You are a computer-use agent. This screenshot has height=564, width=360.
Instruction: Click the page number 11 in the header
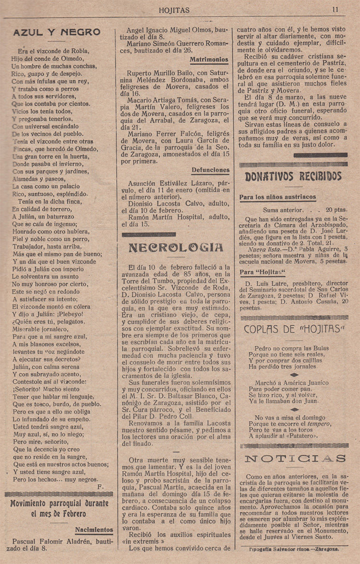click(x=335, y=9)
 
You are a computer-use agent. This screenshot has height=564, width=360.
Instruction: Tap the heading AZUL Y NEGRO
click(x=57, y=33)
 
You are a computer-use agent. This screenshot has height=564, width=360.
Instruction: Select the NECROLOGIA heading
click(x=175, y=247)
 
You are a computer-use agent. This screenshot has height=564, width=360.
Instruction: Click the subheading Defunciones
click(x=210, y=170)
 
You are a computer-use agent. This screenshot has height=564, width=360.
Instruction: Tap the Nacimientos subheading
click(x=94, y=530)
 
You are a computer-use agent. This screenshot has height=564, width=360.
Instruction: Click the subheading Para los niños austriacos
click(x=278, y=197)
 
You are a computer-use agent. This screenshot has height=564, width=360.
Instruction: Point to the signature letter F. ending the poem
click(x=98, y=487)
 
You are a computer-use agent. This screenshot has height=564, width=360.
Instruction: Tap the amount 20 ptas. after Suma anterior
click(x=336, y=210)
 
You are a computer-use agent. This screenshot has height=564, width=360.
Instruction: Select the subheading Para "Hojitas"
click(x=262, y=272)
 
